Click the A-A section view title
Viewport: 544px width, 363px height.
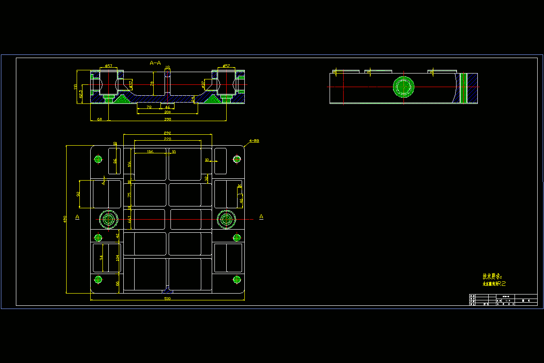point(155,63)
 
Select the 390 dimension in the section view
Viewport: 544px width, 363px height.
point(167,119)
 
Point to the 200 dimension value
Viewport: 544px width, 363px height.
point(167,112)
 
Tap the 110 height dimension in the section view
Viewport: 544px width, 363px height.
point(76,87)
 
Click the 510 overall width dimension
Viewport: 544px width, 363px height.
point(167,299)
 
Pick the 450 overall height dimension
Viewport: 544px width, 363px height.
point(65,219)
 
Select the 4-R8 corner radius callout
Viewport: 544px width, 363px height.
point(254,141)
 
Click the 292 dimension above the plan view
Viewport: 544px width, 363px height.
point(167,132)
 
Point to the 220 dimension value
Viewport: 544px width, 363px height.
point(167,138)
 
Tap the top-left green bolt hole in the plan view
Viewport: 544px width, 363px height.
point(98,159)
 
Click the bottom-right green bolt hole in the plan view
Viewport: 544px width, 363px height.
point(236,279)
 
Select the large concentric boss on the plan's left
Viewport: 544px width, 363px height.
point(109,220)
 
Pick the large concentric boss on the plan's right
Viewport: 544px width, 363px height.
point(226,220)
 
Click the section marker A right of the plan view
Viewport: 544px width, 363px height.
point(261,217)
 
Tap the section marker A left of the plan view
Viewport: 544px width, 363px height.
point(78,217)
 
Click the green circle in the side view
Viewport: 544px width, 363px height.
point(403,87)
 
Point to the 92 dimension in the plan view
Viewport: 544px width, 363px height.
point(78,194)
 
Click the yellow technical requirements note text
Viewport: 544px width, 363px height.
point(493,280)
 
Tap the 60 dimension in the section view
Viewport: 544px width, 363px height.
point(99,119)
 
